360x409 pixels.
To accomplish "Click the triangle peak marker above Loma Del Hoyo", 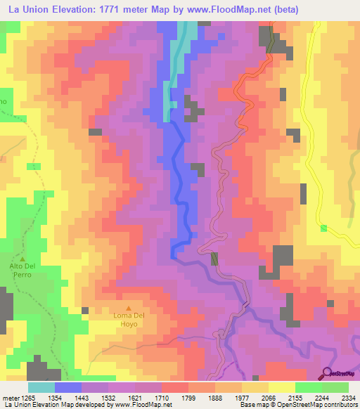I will tap(129, 308).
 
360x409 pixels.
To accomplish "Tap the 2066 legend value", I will tap(268, 398).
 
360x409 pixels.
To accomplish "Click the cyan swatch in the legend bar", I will tap(41, 387).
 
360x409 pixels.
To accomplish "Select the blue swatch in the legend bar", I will tap(68, 387).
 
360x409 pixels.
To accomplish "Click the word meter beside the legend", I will tap(8, 398).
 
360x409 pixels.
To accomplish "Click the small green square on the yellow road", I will tap(323, 228).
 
